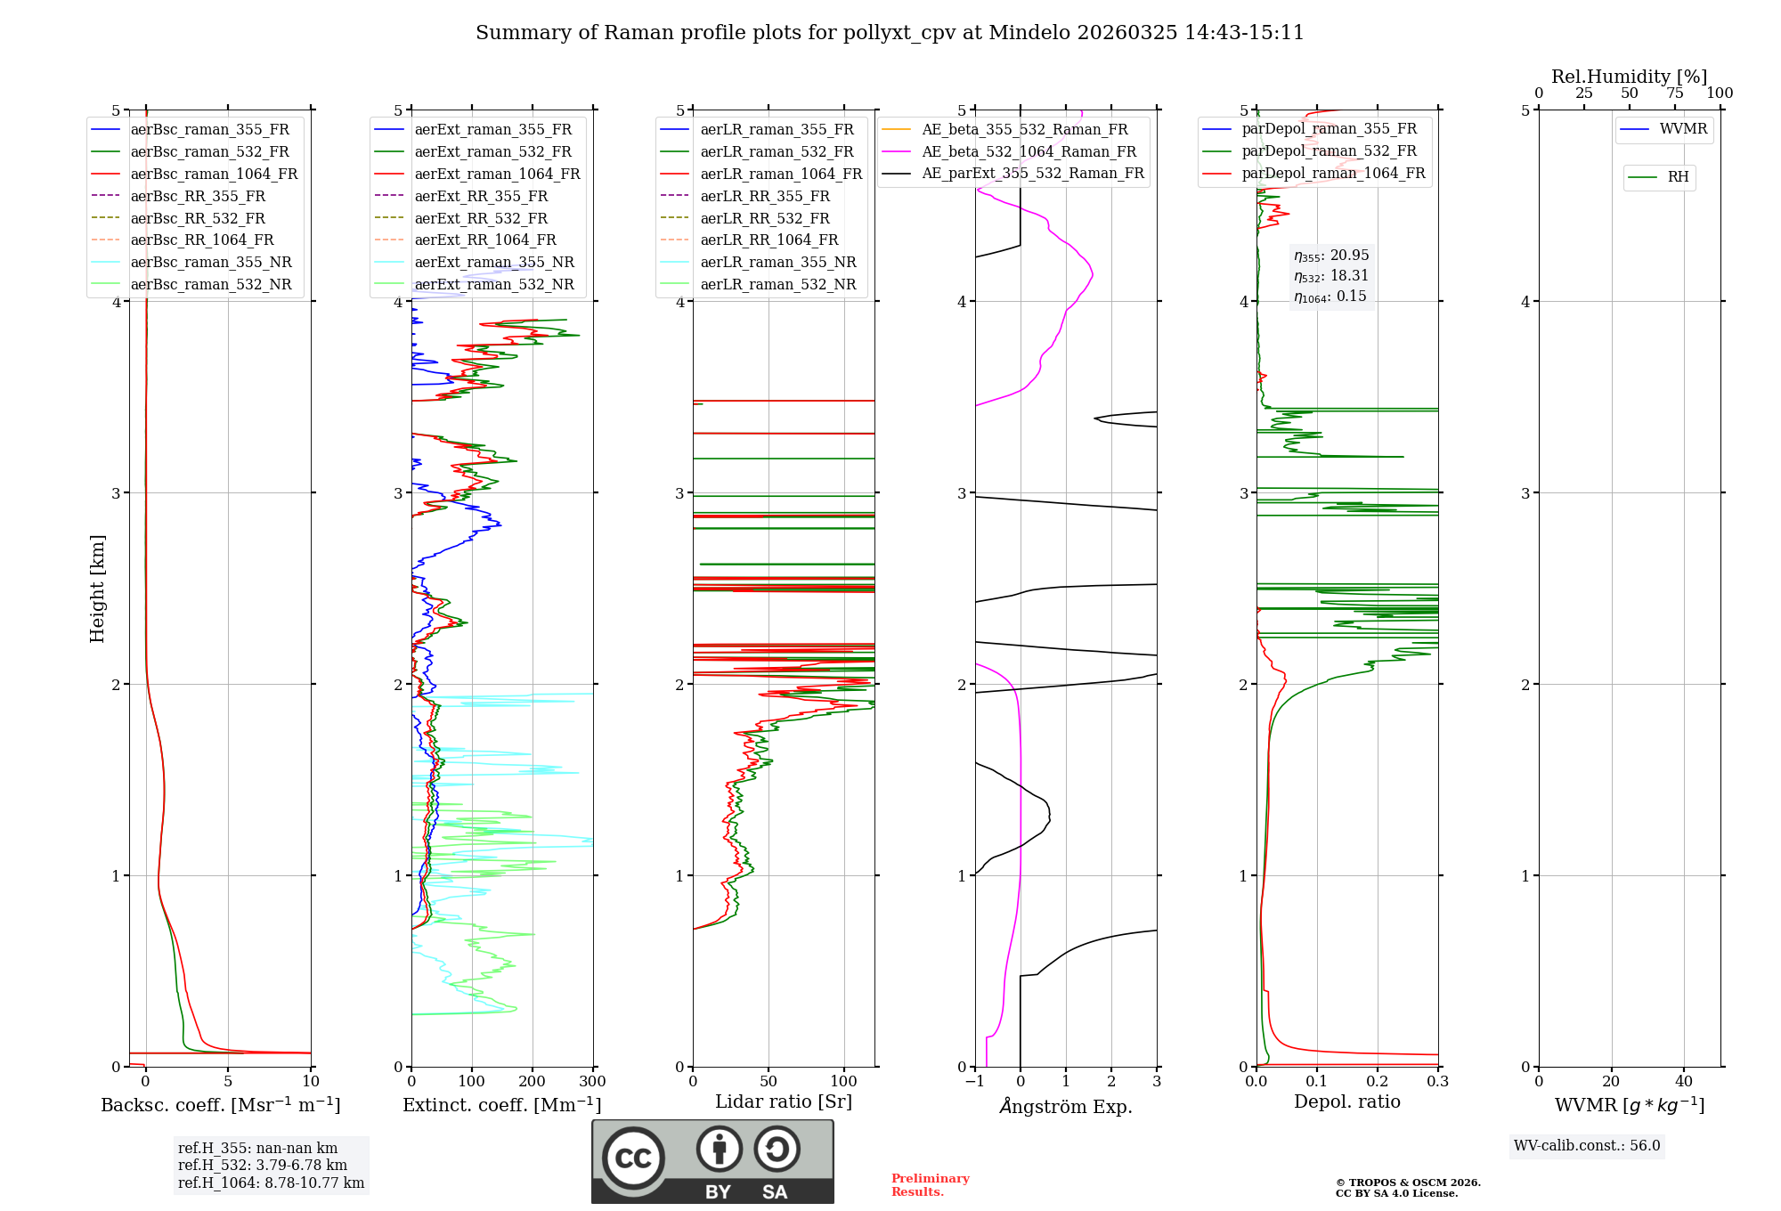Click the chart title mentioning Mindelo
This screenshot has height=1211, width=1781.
(890, 33)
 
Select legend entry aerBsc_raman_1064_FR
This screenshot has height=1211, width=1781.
(214, 174)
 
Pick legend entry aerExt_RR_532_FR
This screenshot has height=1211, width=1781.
(481, 218)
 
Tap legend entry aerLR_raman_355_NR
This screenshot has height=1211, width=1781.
(777, 263)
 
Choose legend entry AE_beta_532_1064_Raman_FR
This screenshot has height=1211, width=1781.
(1029, 151)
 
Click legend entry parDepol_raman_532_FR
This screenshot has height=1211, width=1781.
(1329, 151)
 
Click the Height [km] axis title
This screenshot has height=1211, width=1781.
(97, 589)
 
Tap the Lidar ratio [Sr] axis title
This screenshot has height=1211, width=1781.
(784, 1101)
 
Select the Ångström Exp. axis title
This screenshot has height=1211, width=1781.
(1066, 1106)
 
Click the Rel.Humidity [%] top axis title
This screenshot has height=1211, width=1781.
(1629, 77)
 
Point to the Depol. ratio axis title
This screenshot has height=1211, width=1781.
(1346, 1101)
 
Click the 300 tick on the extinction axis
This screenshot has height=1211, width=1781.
(592, 1082)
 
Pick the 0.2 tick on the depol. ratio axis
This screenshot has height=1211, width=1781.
(1378, 1082)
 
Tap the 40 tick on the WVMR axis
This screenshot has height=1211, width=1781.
(1683, 1082)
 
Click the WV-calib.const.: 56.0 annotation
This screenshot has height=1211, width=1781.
(1587, 1145)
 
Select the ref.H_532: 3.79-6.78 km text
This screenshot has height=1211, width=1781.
(263, 1165)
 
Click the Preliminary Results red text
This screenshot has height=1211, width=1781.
(930, 1184)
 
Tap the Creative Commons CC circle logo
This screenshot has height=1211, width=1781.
(633, 1158)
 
